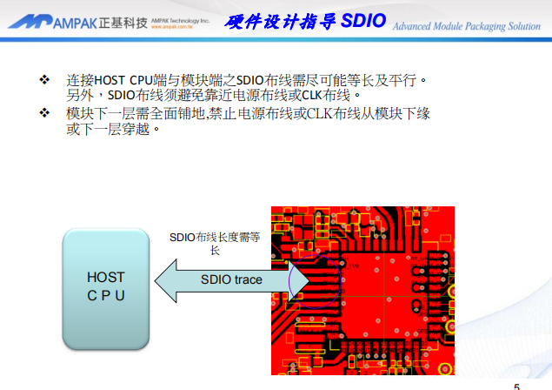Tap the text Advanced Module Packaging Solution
[467, 26]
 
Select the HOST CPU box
[106, 286]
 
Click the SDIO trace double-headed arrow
[231, 280]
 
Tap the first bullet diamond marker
[44, 80]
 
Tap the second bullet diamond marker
[44, 114]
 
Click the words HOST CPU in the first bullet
[128, 81]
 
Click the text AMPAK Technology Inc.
[180, 17]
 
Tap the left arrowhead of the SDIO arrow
[165, 280]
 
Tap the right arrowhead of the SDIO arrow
[298, 280]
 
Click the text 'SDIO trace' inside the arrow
[231, 280]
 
